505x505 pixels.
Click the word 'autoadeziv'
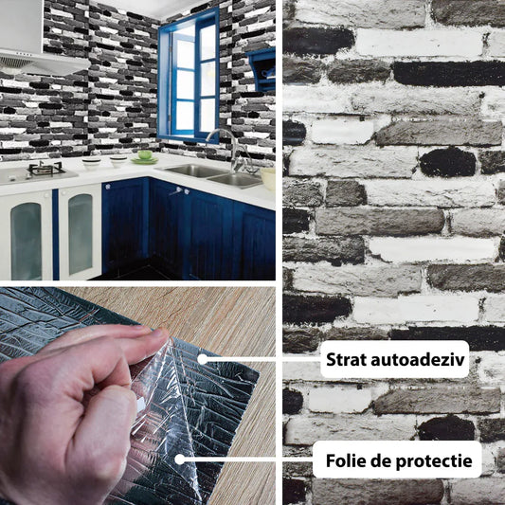[418, 359]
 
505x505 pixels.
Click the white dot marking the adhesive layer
[202, 359]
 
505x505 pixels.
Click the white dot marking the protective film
[180, 460]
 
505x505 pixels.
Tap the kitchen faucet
[231, 149]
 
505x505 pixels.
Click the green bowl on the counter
[145, 155]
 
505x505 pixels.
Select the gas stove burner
[45, 169]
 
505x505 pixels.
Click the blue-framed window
[189, 77]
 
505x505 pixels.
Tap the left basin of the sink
[193, 171]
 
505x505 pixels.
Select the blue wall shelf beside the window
[262, 70]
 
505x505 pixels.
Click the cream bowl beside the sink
[268, 178]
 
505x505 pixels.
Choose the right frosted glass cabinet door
[81, 232]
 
